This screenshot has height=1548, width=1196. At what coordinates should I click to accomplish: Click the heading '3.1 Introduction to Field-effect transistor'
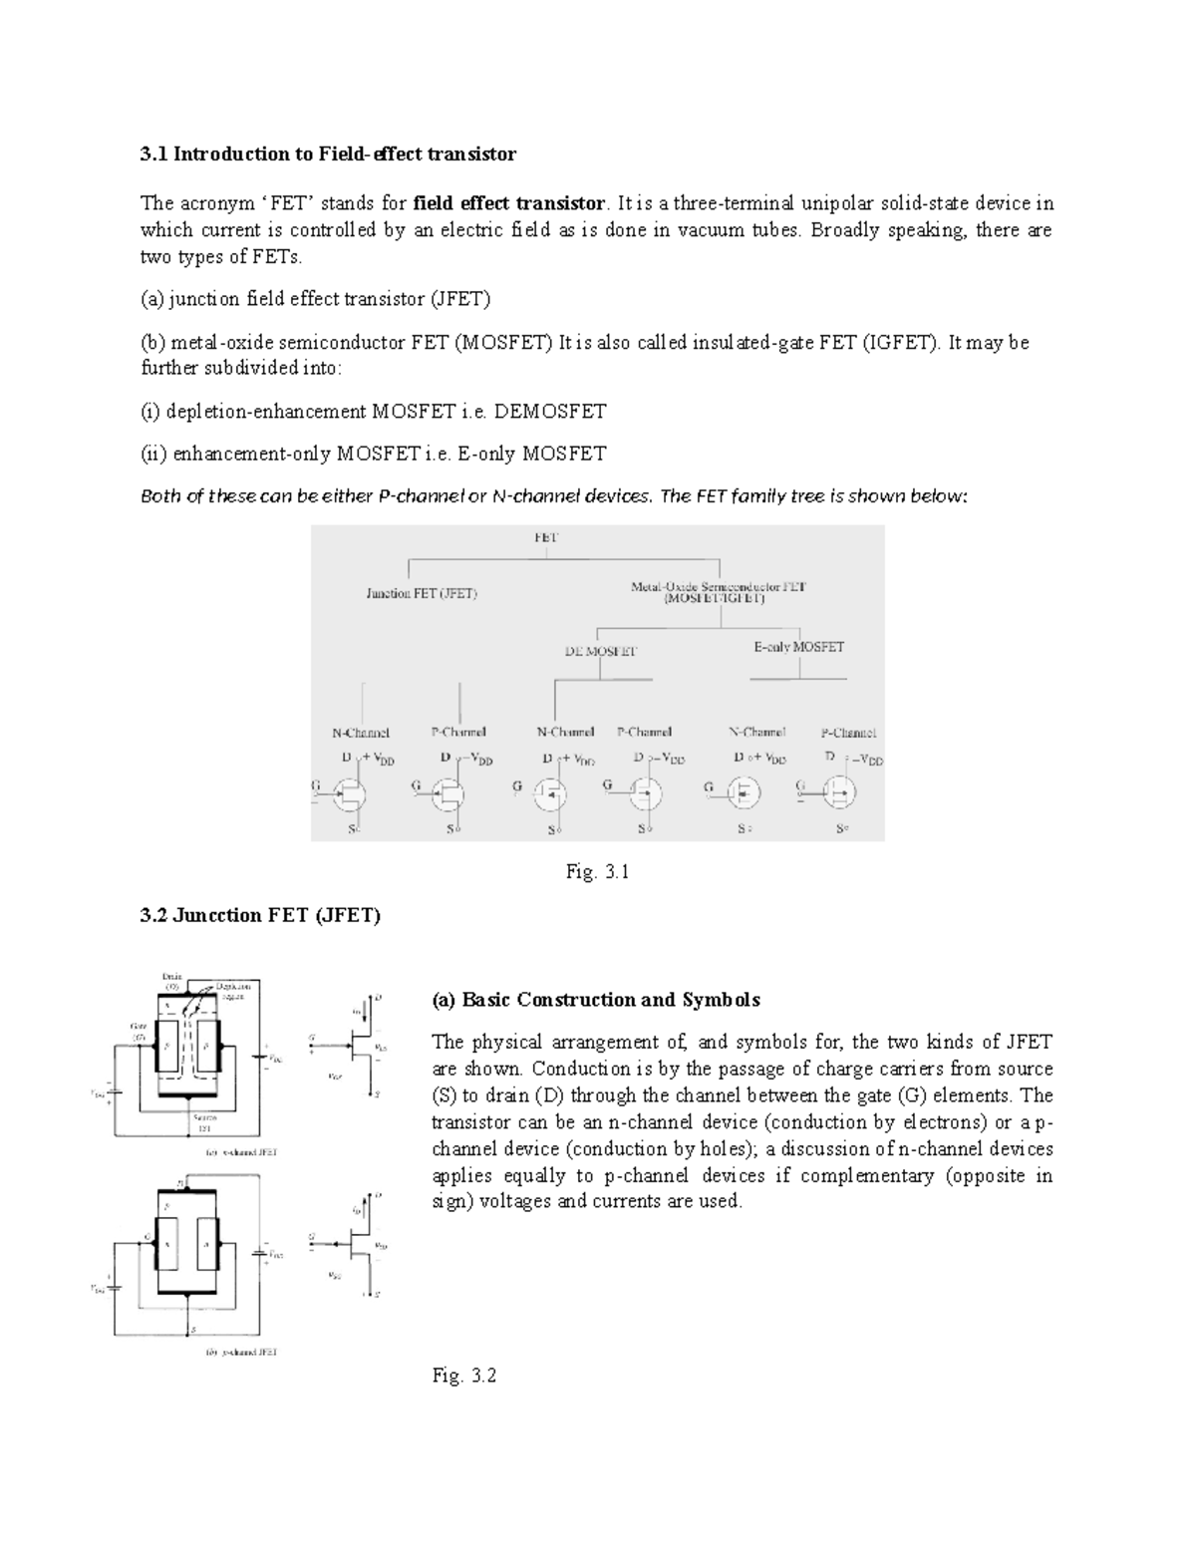pos(328,154)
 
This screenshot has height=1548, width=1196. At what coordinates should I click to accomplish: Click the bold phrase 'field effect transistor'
pos(508,203)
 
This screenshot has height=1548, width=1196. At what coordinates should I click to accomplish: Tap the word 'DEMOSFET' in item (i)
pos(550,412)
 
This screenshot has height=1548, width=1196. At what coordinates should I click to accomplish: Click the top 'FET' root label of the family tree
pos(546,537)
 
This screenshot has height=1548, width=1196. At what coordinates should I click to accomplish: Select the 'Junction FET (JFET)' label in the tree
pos(422,594)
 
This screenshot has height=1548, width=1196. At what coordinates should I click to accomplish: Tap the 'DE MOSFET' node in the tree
pos(600,651)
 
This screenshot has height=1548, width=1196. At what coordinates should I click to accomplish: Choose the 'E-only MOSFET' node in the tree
pos(798,647)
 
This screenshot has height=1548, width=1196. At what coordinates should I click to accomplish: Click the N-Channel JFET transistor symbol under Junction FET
pos(349,794)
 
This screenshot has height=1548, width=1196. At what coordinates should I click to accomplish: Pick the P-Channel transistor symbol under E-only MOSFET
pos(840,793)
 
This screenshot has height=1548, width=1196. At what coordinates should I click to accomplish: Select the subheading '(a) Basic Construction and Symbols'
pos(595,1000)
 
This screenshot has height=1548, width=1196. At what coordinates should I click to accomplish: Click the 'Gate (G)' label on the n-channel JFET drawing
pos(139,1030)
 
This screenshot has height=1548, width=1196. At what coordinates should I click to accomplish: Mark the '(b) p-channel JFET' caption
pos(241,1353)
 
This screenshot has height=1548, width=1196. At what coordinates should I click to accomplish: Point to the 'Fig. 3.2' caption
pos(464,1377)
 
